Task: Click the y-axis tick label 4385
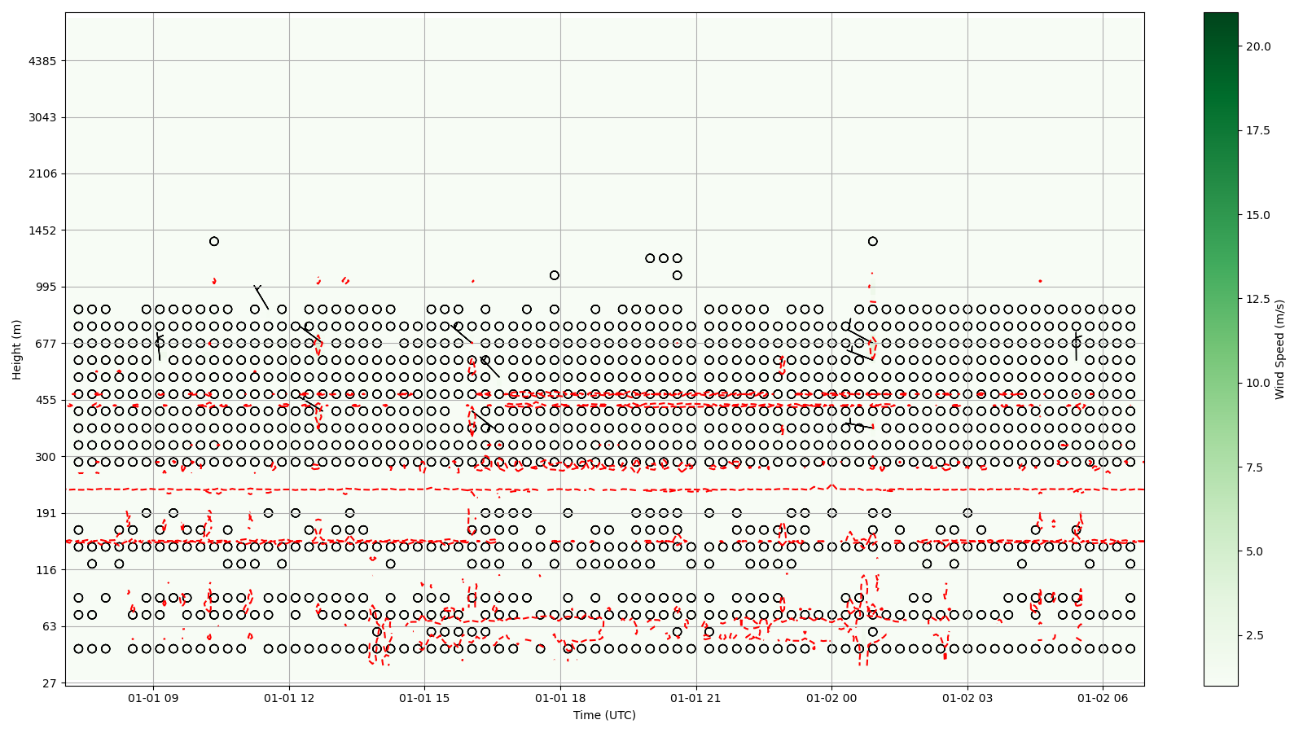(45, 61)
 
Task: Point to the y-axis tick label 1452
(45, 230)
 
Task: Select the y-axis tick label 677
(48, 343)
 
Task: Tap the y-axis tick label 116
(48, 569)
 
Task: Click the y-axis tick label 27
(51, 683)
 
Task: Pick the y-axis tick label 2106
(45, 173)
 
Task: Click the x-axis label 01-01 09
(153, 698)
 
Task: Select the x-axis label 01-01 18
(560, 698)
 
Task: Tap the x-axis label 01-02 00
(831, 698)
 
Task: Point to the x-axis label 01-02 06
(1103, 698)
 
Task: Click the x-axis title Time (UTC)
(604, 715)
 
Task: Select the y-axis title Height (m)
(17, 349)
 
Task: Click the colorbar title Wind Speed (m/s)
(1279, 349)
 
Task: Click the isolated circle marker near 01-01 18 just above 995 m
(555, 275)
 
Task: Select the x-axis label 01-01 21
(696, 698)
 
